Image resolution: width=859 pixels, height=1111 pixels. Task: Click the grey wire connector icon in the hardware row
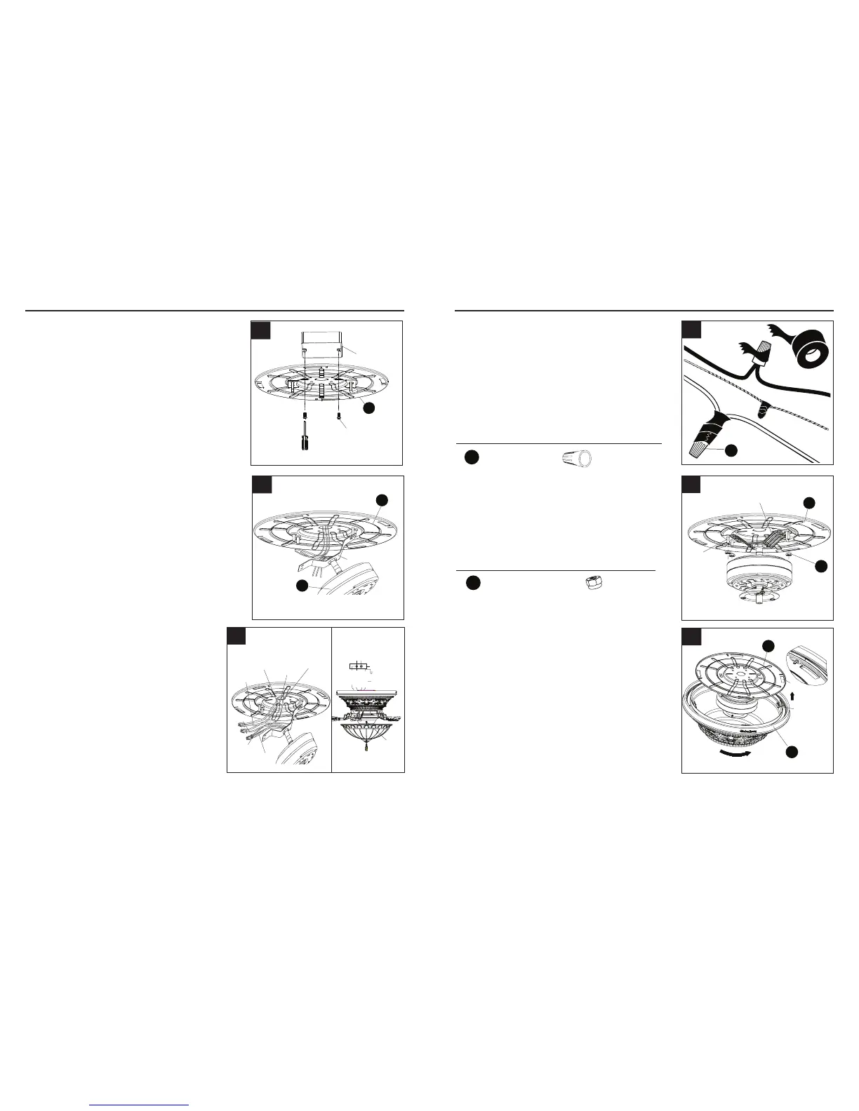(x=578, y=459)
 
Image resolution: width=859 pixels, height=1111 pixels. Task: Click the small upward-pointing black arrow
(x=792, y=697)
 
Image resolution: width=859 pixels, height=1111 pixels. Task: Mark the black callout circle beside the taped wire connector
(x=731, y=450)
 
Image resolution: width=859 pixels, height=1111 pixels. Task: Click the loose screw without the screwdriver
(x=340, y=417)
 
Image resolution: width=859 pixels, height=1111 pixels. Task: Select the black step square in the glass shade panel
(x=691, y=638)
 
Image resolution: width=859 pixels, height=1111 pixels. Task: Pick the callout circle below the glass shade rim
(x=791, y=751)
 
